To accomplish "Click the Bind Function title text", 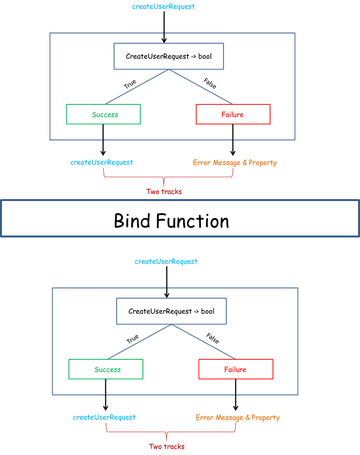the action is pyautogui.click(x=171, y=221).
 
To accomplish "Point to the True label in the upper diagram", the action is pyautogui.click(x=130, y=84).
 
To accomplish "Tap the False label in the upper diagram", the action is pyautogui.click(x=210, y=84).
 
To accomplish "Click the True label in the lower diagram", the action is pyautogui.click(x=133, y=338).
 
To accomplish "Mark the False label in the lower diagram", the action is pyautogui.click(x=212, y=338).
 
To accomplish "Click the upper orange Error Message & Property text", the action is pyautogui.click(x=235, y=163).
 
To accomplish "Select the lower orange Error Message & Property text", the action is pyautogui.click(x=238, y=418).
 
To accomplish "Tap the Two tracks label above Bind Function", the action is pyautogui.click(x=164, y=191).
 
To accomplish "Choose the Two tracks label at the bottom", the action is pyautogui.click(x=167, y=446).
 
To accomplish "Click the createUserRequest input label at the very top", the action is pyautogui.click(x=163, y=7).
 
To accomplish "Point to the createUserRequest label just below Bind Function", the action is pyautogui.click(x=166, y=261).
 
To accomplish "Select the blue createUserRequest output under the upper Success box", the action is pyautogui.click(x=102, y=163).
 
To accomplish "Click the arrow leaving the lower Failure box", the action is pyautogui.click(x=236, y=395).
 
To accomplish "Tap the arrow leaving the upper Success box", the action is pyautogui.click(x=103, y=140).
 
